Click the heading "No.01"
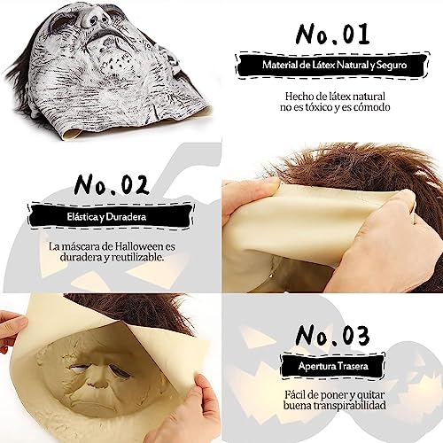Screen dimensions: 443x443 (x=332, y=34)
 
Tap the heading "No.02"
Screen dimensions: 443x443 (x=112, y=184)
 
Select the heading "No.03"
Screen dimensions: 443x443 (x=332, y=336)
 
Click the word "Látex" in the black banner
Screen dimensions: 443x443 (x=321, y=65)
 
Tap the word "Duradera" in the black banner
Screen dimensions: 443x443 (x=126, y=217)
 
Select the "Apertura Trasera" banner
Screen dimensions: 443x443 (x=333, y=366)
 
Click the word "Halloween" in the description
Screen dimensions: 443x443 (x=139, y=246)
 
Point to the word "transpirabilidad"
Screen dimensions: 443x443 (x=350, y=406)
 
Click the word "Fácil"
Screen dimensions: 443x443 (x=296, y=394)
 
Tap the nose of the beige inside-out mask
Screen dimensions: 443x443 (x=99, y=381)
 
